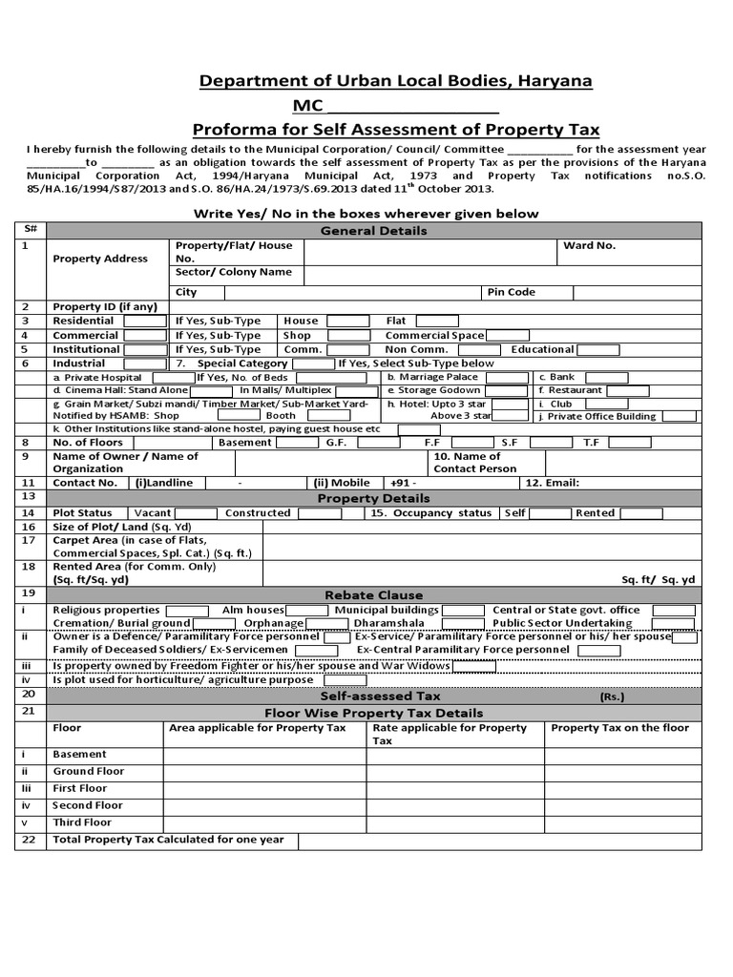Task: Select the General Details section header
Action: (x=373, y=231)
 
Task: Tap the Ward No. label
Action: (x=589, y=245)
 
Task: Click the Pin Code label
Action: (x=512, y=292)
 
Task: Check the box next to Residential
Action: (x=145, y=322)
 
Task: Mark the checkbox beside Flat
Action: (x=436, y=322)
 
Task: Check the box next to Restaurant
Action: (x=627, y=390)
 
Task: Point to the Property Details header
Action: (x=373, y=498)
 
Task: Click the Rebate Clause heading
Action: (x=373, y=594)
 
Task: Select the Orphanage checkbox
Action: (x=326, y=624)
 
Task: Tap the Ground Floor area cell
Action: (x=264, y=771)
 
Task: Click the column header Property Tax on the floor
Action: (x=619, y=728)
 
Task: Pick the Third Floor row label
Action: (x=82, y=822)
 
